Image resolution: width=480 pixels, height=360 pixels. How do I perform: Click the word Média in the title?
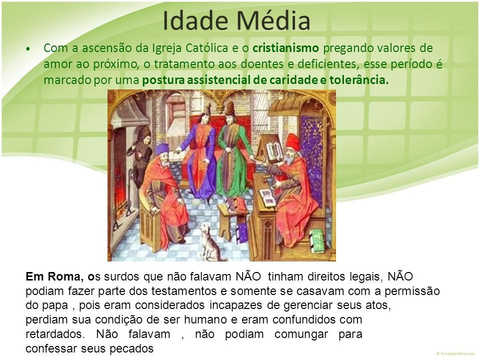pyautogui.click(x=273, y=21)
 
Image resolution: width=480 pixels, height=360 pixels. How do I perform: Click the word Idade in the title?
pyautogui.click(x=196, y=21)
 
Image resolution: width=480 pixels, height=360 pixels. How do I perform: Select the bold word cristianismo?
pyautogui.click(x=285, y=48)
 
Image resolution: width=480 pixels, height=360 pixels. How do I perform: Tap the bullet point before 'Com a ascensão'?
pyautogui.click(x=28, y=48)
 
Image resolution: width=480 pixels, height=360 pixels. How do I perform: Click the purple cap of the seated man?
pyautogui.click(x=162, y=149)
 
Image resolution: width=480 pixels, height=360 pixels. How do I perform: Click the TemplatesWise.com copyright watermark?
pyautogui.click(x=455, y=353)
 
